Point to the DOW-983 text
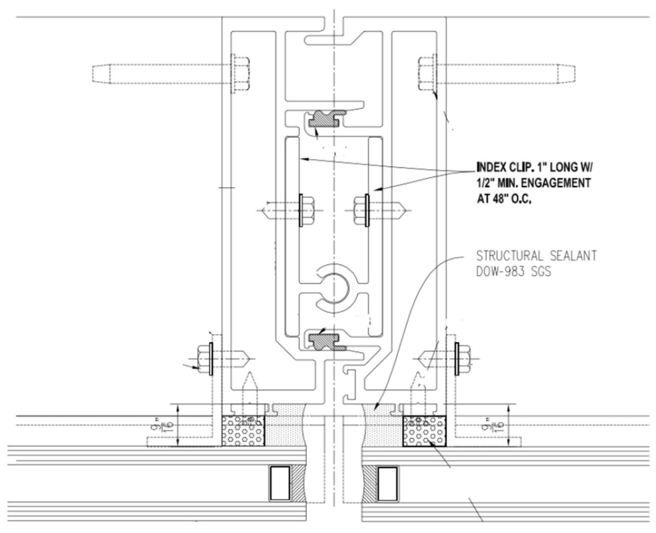pyautogui.click(x=499, y=272)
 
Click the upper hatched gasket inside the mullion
pyautogui.click(x=324, y=119)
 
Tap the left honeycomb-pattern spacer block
pyautogui.click(x=243, y=431)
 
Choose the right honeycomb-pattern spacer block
pyautogui.click(x=424, y=431)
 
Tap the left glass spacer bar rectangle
pyautogui.click(x=280, y=483)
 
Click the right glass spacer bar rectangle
pyautogui.click(x=387, y=483)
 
